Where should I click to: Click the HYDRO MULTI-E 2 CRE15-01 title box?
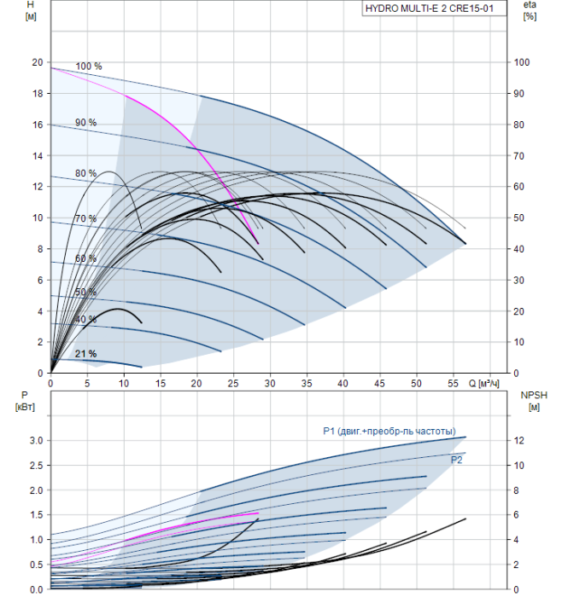(x=434, y=9)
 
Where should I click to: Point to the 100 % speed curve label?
(x=89, y=67)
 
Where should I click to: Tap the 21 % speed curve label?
(x=85, y=354)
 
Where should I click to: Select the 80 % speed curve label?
(x=85, y=174)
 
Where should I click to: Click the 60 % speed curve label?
(x=85, y=259)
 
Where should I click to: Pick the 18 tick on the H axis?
(x=38, y=94)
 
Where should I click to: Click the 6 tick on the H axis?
(x=40, y=281)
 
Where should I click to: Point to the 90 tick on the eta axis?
(x=518, y=94)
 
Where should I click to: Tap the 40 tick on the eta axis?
(x=518, y=249)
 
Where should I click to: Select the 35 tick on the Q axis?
(x=307, y=384)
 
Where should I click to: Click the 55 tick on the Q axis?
(x=453, y=384)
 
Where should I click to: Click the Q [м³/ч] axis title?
(x=483, y=384)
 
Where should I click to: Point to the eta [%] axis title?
(x=530, y=10)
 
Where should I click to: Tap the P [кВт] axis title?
(x=25, y=402)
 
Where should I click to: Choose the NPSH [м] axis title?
(x=534, y=402)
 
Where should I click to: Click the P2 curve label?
(x=456, y=461)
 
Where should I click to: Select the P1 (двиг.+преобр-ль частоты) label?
(x=389, y=432)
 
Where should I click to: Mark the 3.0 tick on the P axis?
(x=37, y=441)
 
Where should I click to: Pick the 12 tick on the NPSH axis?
(x=518, y=441)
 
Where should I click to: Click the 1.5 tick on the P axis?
(x=37, y=515)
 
